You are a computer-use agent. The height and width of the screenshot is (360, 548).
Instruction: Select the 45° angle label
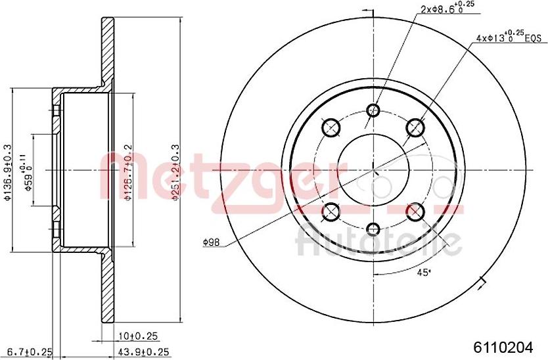click(x=425, y=272)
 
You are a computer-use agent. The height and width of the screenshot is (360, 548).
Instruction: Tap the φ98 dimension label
click(x=211, y=242)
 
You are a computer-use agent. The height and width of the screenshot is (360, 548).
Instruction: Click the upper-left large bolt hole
click(x=331, y=126)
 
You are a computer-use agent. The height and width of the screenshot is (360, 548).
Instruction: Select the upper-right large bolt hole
click(x=415, y=126)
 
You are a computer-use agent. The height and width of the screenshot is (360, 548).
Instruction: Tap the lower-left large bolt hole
click(x=331, y=211)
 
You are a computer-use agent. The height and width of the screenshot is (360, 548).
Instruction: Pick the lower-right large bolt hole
click(x=415, y=211)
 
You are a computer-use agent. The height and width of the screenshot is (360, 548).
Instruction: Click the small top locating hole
click(x=373, y=110)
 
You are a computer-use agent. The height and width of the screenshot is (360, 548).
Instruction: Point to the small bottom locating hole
click(x=373, y=229)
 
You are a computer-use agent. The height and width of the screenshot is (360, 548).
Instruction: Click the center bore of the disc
click(x=373, y=169)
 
